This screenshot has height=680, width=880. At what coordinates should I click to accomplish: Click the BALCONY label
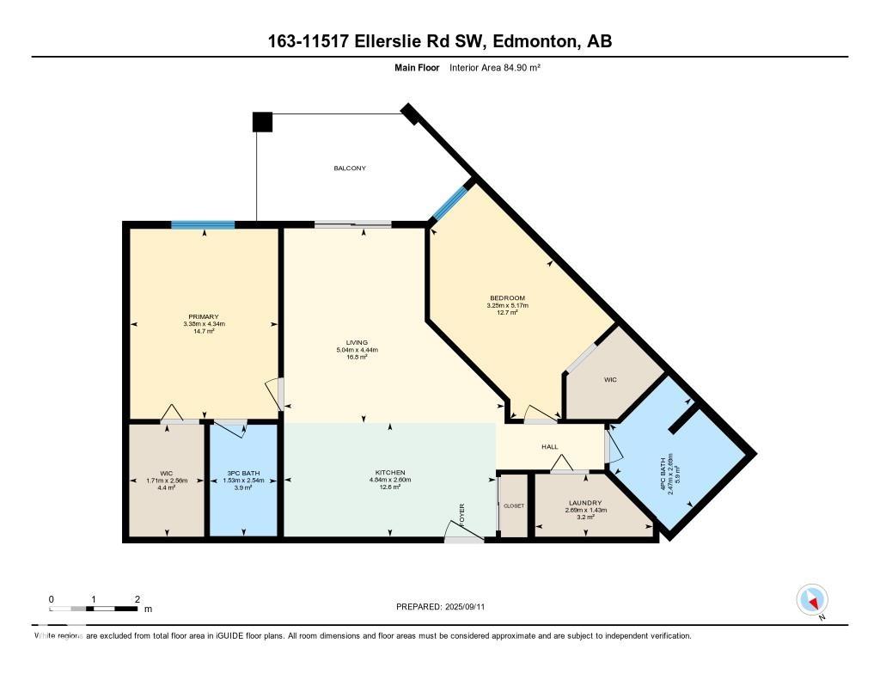click(350, 168)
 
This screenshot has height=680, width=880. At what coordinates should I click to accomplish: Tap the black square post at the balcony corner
click(262, 122)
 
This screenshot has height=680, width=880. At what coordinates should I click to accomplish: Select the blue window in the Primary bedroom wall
click(203, 225)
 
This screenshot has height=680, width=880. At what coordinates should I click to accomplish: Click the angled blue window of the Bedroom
click(449, 203)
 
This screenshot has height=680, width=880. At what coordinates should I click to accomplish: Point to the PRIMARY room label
click(204, 316)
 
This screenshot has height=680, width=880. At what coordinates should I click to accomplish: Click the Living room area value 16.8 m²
click(357, 357)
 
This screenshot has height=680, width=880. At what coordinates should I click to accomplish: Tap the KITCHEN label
click(389, 473)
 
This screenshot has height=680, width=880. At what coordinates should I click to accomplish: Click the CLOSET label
click(513, 505)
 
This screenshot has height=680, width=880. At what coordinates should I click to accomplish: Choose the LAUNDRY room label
click(584, 503)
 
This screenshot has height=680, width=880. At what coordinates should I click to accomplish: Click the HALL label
click(549, 447)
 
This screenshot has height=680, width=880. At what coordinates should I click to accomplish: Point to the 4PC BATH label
click(663, 471)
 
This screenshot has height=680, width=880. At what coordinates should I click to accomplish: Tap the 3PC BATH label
click(243, 473)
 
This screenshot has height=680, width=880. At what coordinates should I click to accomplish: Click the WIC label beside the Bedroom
click(610, 379)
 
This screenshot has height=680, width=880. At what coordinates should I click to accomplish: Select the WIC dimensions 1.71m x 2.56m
click(167, 480)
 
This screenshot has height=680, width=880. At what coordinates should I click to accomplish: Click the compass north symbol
click(811, 600)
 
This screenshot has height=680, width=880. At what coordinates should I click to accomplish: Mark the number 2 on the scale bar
click(137, 598)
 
